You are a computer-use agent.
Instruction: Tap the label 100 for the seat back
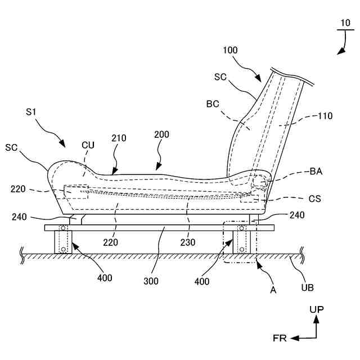click(230, 50)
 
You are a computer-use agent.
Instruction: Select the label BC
click(213, 103)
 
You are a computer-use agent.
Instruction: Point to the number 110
click(325, 116)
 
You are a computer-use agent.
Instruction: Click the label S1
click(31, 113)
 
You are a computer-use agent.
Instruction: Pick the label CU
click(88, 145)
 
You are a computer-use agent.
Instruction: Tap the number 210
click(119, 138)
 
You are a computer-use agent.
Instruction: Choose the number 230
click(188, 243)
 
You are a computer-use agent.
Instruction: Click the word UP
click(316, 309)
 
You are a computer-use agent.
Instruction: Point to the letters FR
click(280, 338)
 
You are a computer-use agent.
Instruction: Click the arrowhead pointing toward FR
click(293, 337)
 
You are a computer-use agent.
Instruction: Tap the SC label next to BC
click(220, 77)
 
